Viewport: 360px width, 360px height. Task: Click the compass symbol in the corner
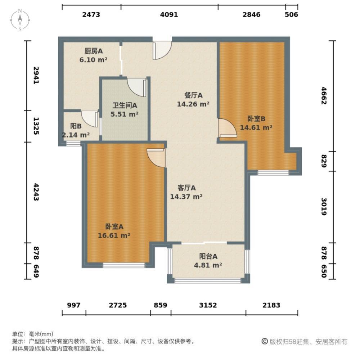click(21, 19)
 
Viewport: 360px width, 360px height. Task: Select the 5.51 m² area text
click(124, 114)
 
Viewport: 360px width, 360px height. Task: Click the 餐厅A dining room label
click(193, 95)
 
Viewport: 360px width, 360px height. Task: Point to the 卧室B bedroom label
click(256, 118)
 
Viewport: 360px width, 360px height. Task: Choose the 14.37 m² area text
click(186, 197)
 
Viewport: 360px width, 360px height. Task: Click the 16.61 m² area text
click(114, 235)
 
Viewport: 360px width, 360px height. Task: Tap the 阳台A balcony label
click(208, 257)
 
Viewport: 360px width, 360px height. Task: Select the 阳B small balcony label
click(76, 126)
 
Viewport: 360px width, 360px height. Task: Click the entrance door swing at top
click(162, 50)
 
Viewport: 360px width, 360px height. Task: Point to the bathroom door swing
click(137, 87)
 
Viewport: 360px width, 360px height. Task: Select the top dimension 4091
click(169, 14)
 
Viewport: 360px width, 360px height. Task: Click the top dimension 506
click(291, 14)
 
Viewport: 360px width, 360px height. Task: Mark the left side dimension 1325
click(36, 126)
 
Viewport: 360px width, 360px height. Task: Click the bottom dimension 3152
click(208, 305)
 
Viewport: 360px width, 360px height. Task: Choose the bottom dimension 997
click(73, 305)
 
